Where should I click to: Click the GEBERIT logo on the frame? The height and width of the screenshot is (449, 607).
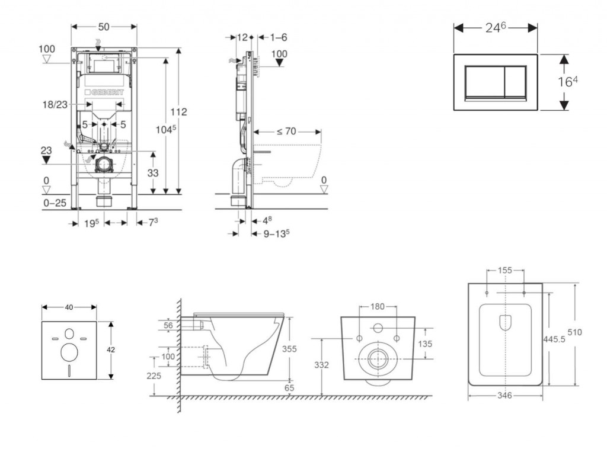107,93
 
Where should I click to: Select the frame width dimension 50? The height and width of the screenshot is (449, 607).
104,27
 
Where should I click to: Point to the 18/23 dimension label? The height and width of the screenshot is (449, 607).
55,104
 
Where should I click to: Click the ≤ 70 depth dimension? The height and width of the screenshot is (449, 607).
286,132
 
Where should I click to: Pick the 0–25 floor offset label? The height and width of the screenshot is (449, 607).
55,203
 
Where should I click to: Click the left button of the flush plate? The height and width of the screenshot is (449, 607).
484,82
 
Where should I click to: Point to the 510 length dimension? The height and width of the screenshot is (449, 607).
590,332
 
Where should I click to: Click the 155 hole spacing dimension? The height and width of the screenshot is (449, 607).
505,271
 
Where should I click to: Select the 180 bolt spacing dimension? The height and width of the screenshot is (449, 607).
378,306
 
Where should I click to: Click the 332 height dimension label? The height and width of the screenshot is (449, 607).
322,365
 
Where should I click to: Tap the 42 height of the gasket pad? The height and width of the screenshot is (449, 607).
110,350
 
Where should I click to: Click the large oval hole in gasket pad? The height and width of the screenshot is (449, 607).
69,353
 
